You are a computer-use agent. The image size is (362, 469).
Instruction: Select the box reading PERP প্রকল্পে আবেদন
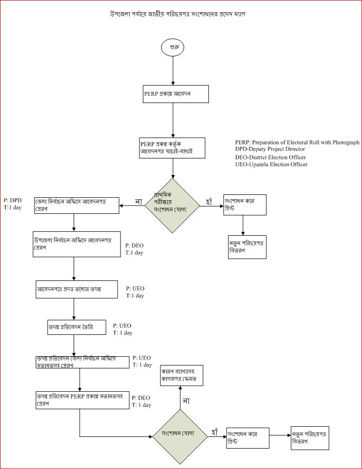(173, 94)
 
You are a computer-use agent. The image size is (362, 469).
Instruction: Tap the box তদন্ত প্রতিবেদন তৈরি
(73, 328)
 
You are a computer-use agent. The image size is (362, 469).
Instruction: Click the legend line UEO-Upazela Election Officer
(271, 165)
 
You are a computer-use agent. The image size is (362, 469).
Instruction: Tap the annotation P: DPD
(12, 200)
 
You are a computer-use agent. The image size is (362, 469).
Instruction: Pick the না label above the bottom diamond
(186, 400)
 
